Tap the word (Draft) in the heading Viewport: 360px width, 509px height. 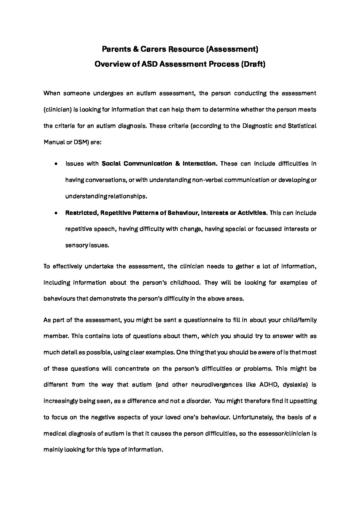pyautogui.click(x=253, y=64)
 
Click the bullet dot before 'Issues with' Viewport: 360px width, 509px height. pyautogui.click(x=55, y=164)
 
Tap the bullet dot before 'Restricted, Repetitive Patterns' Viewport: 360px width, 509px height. pyautogui.click(x=55, y=213)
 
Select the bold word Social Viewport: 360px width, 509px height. pyautogui.click(x=111, y=164)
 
